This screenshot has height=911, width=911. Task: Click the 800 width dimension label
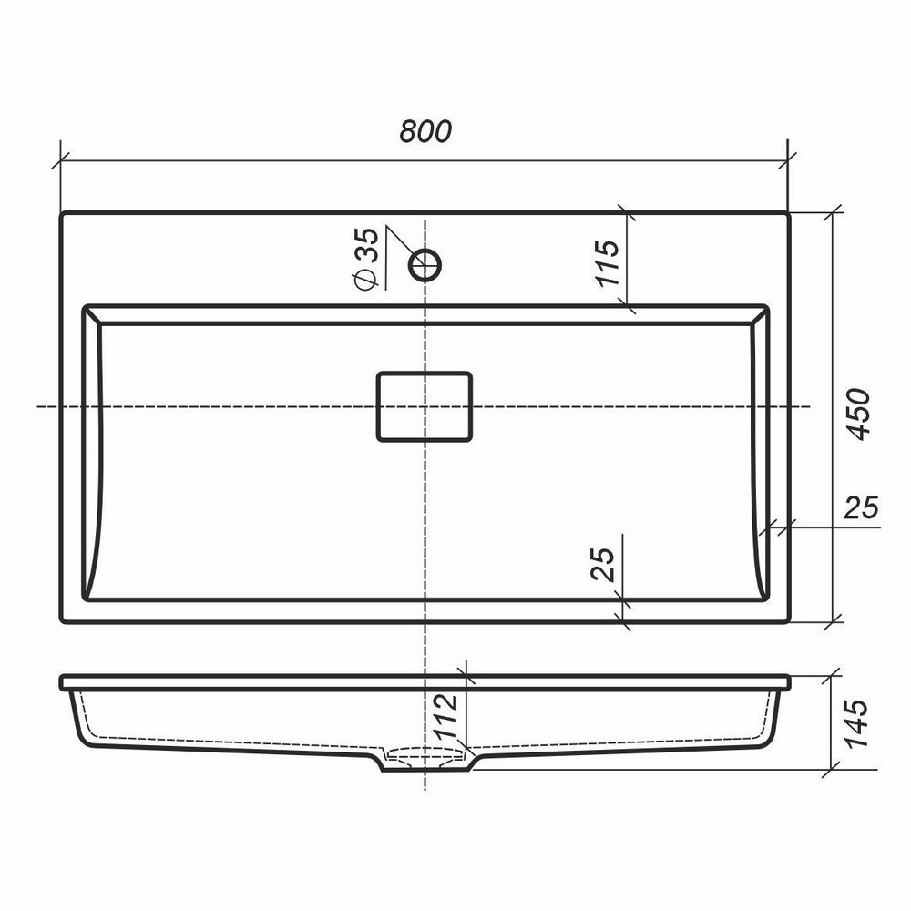[x=425, y=131]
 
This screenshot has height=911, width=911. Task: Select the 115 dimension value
[x=609, y=263]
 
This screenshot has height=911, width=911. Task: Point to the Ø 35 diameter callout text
[x=366, y=259]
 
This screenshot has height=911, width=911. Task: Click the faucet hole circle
[x=425, y=265]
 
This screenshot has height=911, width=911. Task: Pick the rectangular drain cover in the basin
[x=425, y=406]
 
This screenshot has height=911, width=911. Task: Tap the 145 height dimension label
[x=855, y=723]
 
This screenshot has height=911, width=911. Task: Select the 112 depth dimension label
[x=448, y=716]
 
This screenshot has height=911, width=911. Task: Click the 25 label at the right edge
[x=861, y=507]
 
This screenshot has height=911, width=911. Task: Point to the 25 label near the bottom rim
[x=602, y=564]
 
